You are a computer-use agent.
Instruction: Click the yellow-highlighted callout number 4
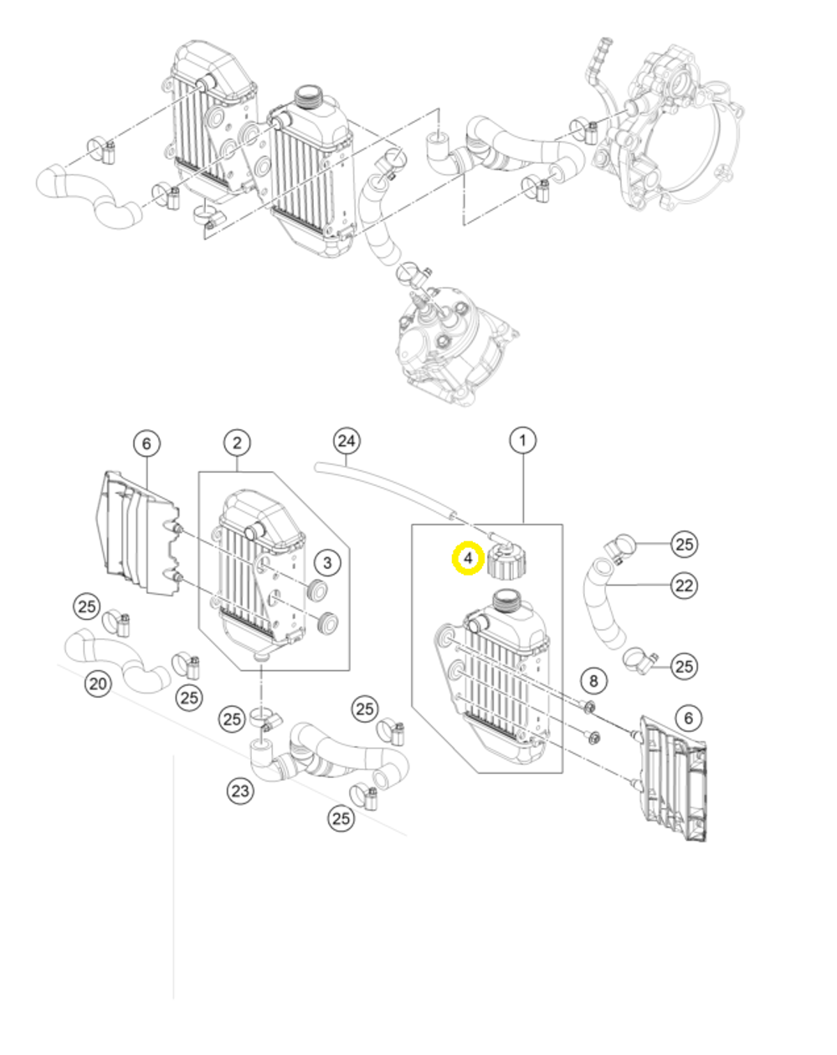pyautogui.click(x=468, y=558)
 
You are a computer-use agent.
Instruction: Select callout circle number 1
pyautogui.click(x=523, y=440)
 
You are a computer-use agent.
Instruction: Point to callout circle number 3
pyautogui.click(x=327, y=562)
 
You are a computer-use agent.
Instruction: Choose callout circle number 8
pyautogui.click(x=593, y=680)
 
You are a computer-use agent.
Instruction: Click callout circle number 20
pyautogui.click(x=99, y=684)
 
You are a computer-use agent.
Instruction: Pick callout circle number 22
pyautogui.click(x=685, y=585)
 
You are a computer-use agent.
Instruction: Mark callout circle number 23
pyautogui.click(x=241, y=790)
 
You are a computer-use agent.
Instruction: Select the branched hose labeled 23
pyautogui.click(x=326, y=753)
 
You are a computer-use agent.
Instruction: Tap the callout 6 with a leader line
pyautogui.click(x=146, y=443)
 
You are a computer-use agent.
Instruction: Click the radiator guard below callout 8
pyautogui.click(x=674, y=778)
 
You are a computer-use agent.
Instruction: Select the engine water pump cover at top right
pyautogui.click(x=670, y=134)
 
